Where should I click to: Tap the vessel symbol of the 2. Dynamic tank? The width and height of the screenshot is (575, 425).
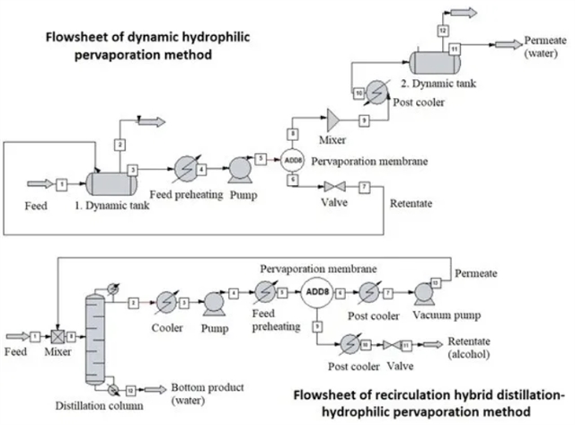point(435,60)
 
